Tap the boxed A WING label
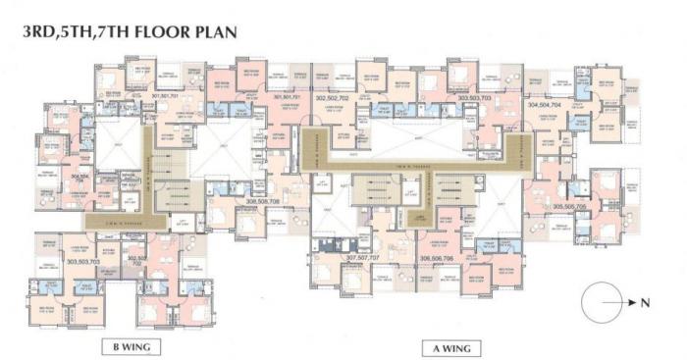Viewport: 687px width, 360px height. click(450, 346)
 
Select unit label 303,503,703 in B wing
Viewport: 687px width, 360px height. click(85, 262)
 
